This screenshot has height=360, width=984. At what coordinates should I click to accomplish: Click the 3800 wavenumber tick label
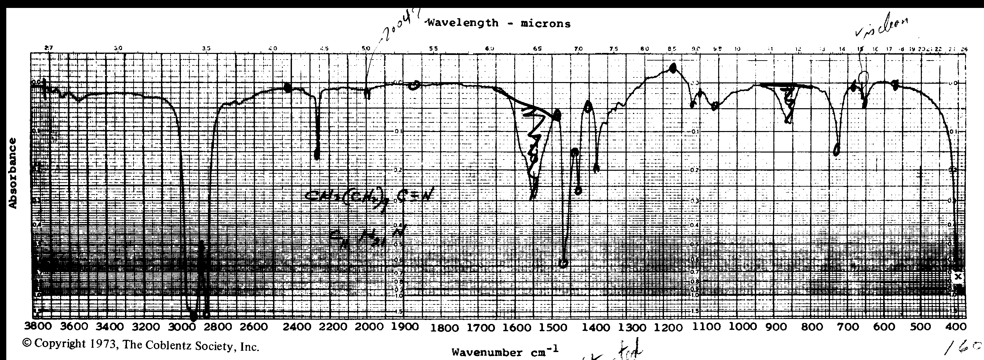(x=38, y=327)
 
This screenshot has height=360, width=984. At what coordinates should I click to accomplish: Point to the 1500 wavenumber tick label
(x=561, y=328)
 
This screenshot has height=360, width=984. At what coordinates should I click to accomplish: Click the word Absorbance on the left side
(x=13, y=173)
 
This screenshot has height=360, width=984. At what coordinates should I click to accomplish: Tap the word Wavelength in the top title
(x=463, y=23)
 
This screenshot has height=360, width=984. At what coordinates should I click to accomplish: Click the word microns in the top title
(x=546, y=24)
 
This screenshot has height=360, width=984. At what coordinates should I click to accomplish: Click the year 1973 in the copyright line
(x=103, y=344)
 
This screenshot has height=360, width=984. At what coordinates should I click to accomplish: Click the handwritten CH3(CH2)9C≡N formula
(x=369, y=197)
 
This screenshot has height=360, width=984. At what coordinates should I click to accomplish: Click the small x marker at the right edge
(x=958, y=277)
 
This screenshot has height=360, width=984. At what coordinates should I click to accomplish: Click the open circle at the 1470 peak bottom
(x=563, y=263)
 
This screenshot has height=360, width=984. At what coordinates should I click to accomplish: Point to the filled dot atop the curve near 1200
(x=673, y=68)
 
